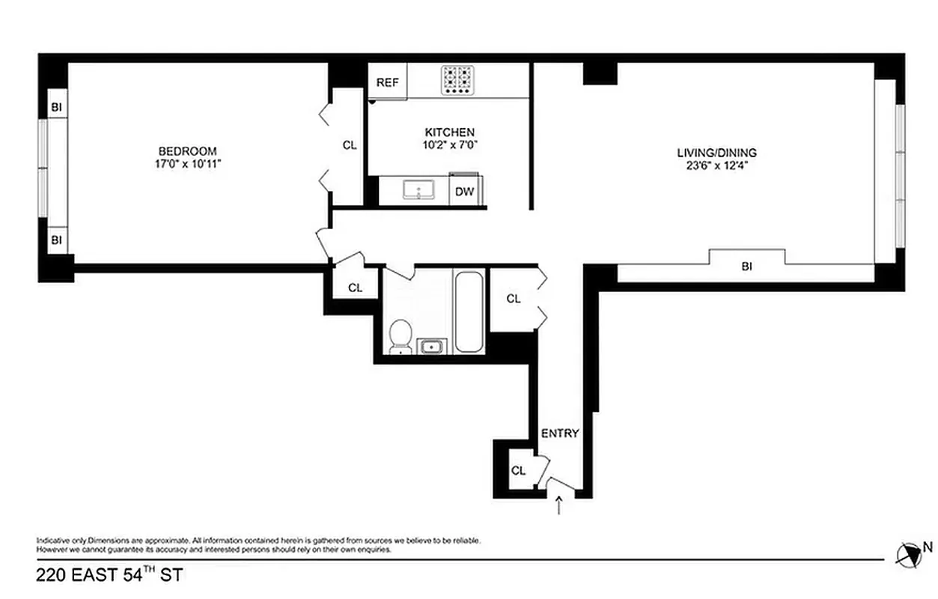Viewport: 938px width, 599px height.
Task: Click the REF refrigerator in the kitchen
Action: point(387,82)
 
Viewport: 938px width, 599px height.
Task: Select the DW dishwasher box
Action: point(465,192)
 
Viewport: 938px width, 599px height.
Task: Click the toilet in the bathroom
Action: point(401,335)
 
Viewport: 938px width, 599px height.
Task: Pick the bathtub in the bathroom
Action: point(469,311)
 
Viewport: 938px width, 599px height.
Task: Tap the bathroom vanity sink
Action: point(431,345)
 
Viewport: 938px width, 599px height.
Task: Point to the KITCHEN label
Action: point(449,132)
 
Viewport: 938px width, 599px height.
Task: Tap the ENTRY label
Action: point(560,433)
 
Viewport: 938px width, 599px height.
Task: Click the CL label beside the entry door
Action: point(518,471)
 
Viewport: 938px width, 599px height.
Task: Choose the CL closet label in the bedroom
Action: point(349,145)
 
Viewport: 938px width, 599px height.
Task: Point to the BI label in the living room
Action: point(746,266)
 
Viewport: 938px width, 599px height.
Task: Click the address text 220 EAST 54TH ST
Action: point(109,576)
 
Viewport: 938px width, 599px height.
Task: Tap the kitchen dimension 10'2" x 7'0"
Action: point(449,145)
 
